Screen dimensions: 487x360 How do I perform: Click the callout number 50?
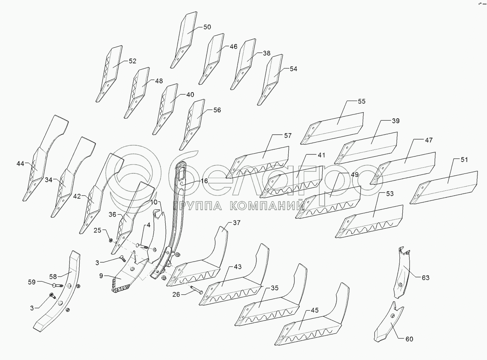click(207, 27)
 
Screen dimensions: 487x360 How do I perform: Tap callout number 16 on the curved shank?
click(204, 181)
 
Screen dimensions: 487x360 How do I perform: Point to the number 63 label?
click(425, 278)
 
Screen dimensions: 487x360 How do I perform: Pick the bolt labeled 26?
click(195, 290)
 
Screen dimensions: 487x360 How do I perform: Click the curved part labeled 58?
click(57, 296)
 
